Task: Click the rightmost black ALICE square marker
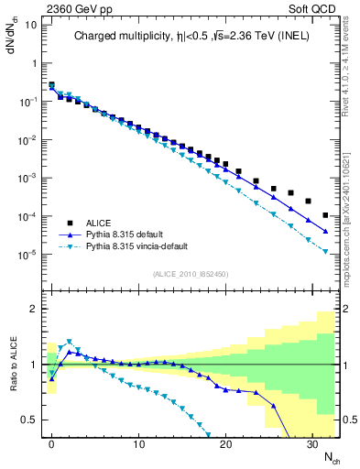tap(326, 215)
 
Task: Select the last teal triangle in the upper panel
tap(326, 266)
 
